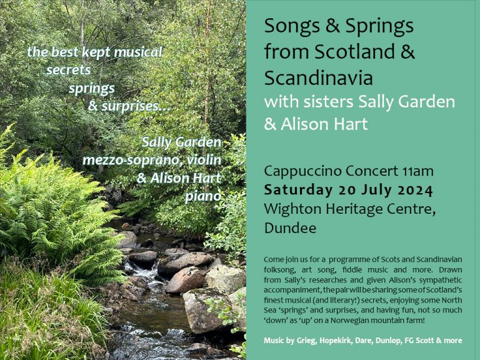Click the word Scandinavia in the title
point(318,78)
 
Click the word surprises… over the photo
point(129,106)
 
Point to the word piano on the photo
point(204,196)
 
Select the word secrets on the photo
point(68,69)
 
